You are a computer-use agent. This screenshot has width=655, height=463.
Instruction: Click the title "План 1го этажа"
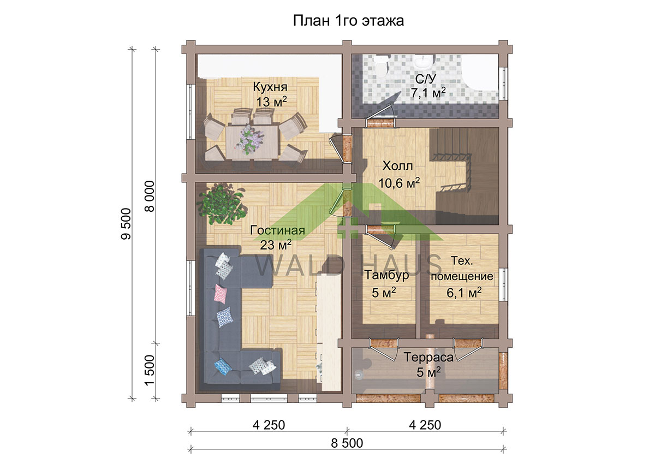[x=348, y=21]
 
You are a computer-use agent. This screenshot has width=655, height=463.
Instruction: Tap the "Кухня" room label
[x=270, y=87]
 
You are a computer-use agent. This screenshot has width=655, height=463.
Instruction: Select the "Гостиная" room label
[x=277, y=230]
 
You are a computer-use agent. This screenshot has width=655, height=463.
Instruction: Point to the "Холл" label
[x=398, y=166]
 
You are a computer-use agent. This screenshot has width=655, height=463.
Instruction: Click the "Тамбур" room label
[x=386, y=275]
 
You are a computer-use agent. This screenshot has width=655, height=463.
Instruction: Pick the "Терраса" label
[x=428, y=357]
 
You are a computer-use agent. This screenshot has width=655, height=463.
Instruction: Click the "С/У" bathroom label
[x=425, y=79]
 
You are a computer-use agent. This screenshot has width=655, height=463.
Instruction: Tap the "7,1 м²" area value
[x=428, y=93]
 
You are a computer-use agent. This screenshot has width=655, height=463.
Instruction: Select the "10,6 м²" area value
[x=399, y=183]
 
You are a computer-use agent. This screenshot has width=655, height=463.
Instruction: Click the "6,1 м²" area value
[x=464, y=293]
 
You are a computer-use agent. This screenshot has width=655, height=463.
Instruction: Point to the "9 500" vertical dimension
[x=126, y=224]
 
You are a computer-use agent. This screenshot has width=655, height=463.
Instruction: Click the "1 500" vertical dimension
[x=150, y=370]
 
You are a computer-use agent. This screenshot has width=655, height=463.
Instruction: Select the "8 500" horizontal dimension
[x=347, y=443]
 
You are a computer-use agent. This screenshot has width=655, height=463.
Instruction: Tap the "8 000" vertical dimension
[x=150, y=196]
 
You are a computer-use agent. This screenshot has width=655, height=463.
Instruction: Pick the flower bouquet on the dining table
[x=251, y=140]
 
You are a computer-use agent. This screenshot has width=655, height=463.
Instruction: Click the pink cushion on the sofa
[x=221, y=294]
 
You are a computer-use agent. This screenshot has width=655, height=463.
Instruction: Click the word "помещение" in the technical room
[x=462, y=277]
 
